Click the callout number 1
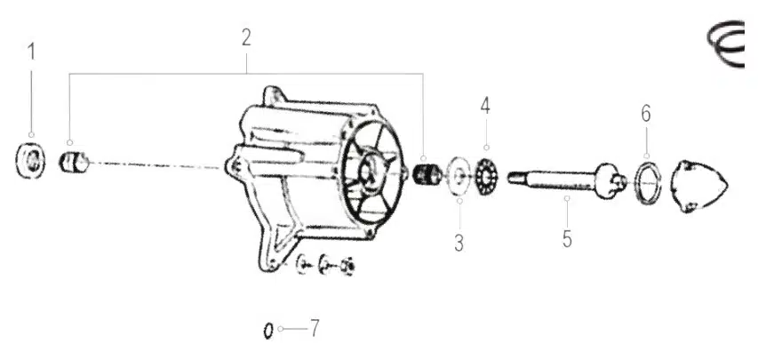[x=31, y=52]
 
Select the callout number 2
[x=246, y=37]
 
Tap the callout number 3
[x=459, y=243]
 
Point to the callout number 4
[x=485, y=106]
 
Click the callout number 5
[x=567, y=239]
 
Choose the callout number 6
[x=646, y=114]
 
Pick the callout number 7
[x=315, y=329]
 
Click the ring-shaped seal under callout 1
[x=30, y=161]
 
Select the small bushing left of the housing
[x=74, y=162]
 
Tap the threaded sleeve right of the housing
[x=427, y=174]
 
